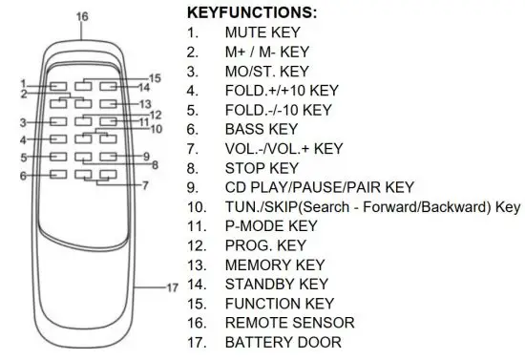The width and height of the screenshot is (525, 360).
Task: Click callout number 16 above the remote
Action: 81,17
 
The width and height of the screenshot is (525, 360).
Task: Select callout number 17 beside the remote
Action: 173,286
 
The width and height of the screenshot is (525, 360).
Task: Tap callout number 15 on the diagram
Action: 155,78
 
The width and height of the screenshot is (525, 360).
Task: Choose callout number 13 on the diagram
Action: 146,103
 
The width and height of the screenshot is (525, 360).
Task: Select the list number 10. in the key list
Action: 198,206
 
